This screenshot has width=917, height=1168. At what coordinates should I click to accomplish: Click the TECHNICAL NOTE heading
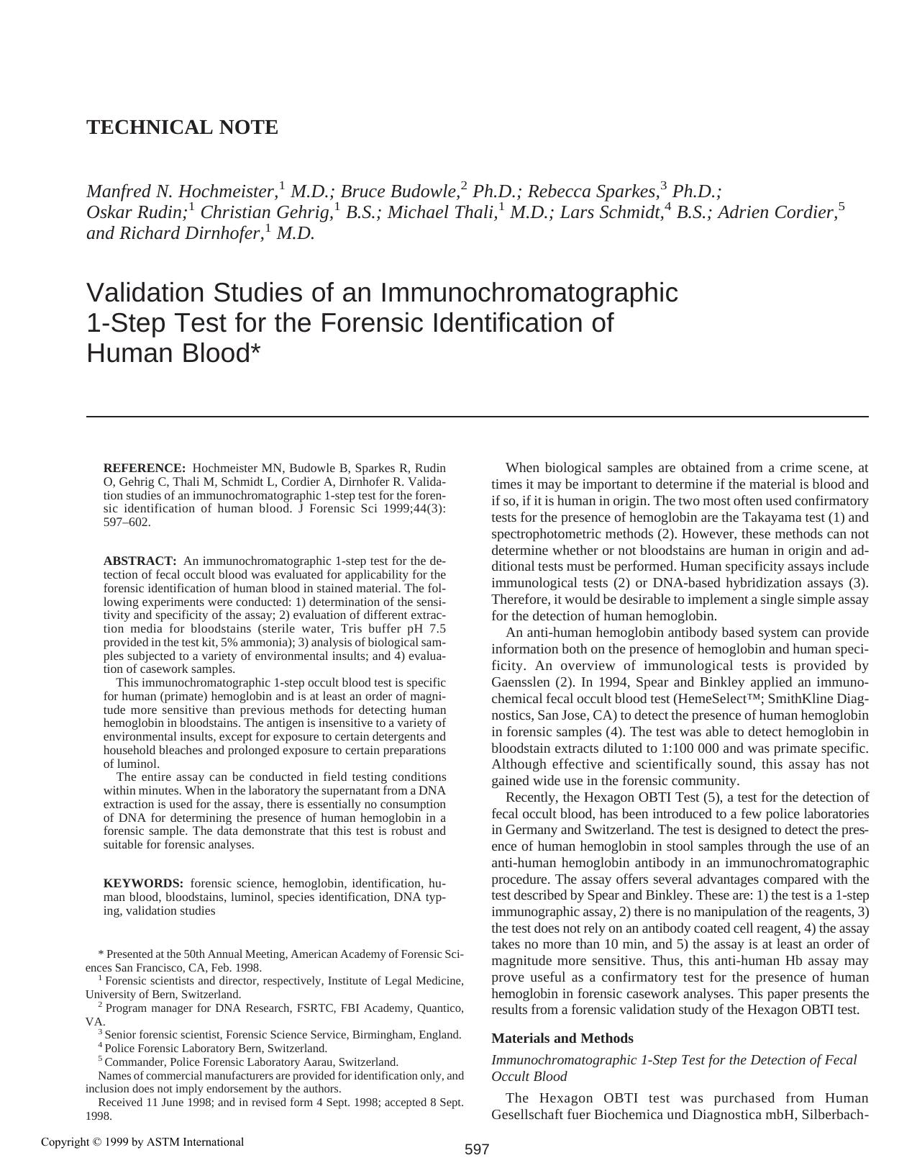pos(182,127)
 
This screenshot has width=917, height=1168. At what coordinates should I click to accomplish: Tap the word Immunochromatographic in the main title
pos(529,293)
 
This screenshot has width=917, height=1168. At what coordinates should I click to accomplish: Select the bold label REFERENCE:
pos(145,468)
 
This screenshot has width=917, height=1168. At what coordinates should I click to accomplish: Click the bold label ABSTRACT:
pos(140,561)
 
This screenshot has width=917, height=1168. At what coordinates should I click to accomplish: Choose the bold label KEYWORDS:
pos(143,884)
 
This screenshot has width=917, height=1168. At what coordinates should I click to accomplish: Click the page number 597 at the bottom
pos(476,1149)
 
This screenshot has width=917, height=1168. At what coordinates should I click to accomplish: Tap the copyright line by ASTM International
pos(142,1142)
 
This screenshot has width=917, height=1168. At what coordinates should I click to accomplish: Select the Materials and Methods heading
pos(562,1038)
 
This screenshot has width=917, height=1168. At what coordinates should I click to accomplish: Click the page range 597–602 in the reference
pos(127,522)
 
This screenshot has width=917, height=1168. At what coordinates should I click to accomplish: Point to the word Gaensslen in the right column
pos(521,682)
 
